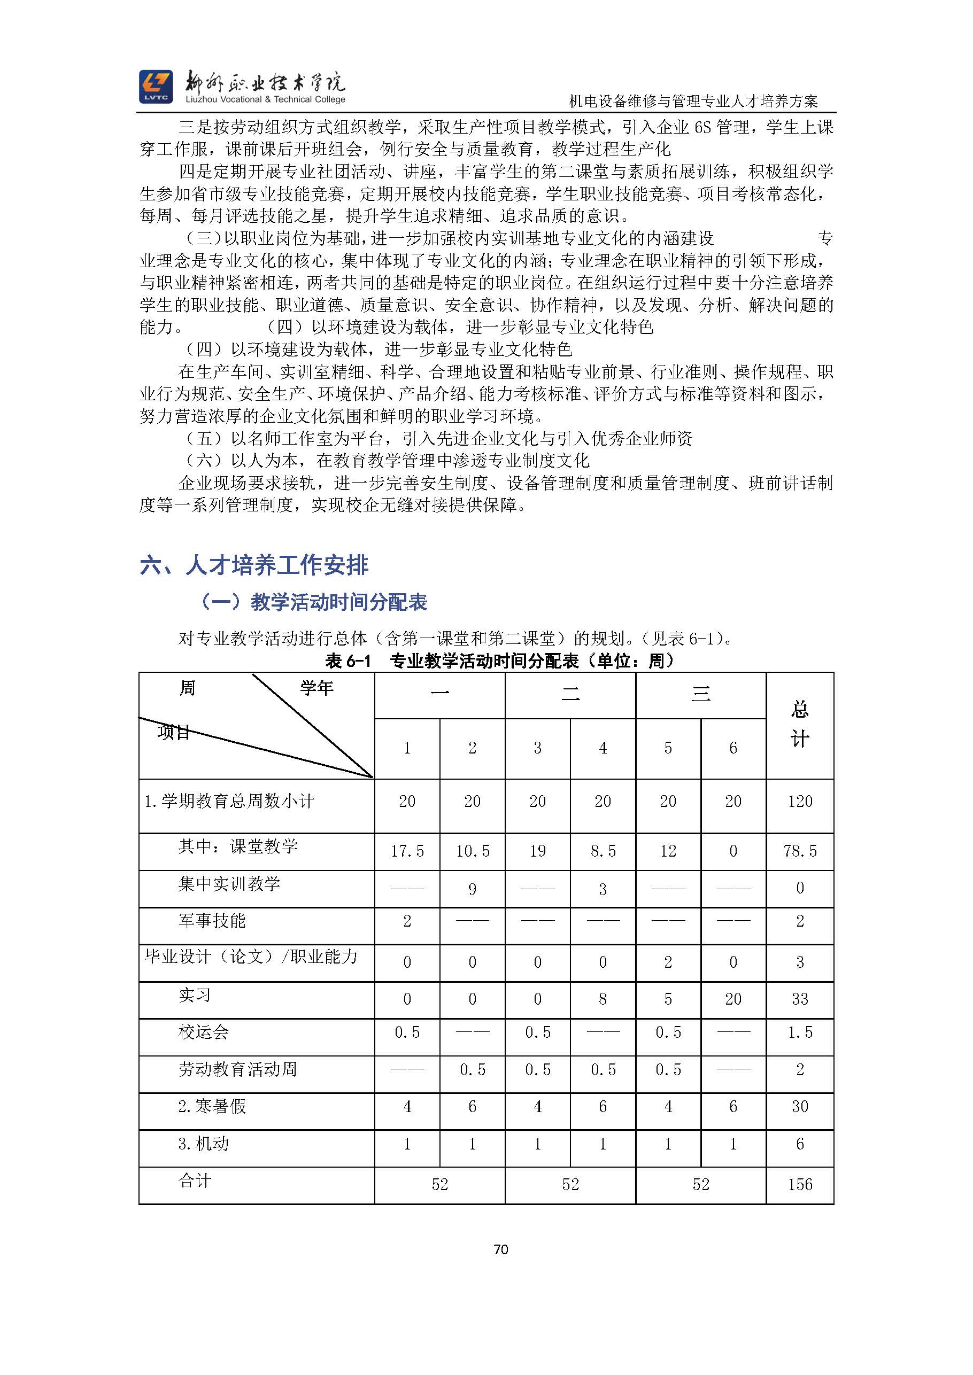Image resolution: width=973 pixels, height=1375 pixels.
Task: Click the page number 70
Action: [501, 1249]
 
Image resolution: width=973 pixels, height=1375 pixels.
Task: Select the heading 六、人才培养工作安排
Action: [254, 565]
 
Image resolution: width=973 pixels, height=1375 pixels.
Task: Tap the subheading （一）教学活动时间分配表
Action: [313, 602]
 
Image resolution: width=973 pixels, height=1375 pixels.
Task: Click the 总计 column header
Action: [800, 725]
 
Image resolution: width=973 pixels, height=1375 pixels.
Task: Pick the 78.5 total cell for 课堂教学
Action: [800, 851]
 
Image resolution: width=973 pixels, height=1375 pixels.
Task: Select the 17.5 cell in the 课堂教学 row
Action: [407, 851]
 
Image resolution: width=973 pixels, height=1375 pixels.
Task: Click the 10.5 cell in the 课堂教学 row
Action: [472, 851]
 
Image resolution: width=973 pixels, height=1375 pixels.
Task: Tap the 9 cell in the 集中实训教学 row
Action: [472, 889]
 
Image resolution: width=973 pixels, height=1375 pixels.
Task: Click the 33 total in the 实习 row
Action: [800, 999]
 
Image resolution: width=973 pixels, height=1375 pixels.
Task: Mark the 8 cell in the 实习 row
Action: [603, 999]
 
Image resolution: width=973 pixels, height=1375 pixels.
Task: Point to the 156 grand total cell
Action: [800, 1184]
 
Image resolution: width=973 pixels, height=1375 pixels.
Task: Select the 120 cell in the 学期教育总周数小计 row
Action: [800, 801]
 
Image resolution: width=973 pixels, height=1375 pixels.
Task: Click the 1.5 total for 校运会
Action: [800, 1032]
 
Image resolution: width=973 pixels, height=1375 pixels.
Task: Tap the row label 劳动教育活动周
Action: [238, 1069]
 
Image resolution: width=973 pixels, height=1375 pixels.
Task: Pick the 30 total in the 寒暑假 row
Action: [800, 1107]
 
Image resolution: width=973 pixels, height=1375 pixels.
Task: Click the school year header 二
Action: [570, 695]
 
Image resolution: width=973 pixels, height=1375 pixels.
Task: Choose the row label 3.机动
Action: [203, 1144]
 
